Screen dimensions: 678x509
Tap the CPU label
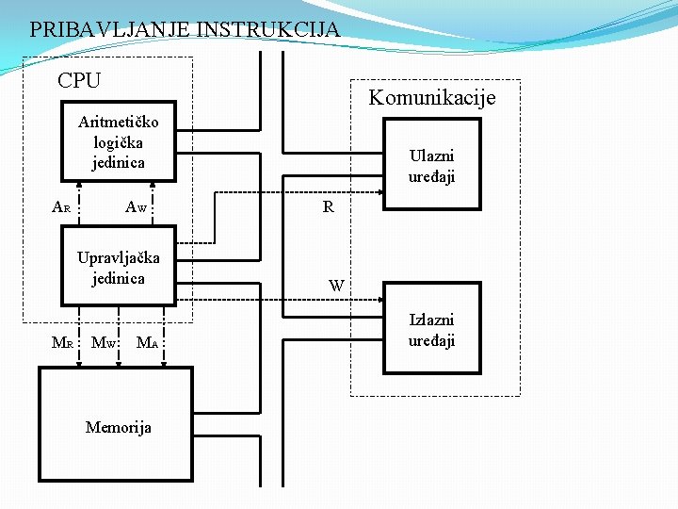tap(79, 81)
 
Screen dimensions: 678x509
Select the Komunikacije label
tap(432, 97)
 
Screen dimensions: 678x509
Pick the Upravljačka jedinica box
tap(119, 267)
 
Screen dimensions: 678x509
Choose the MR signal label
tap(62, 342)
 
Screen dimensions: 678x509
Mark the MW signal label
tap(103, 342)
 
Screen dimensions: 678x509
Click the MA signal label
tap(147, 342)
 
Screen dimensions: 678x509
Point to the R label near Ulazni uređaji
tap(328, 206)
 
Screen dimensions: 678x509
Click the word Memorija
tap(119, 427)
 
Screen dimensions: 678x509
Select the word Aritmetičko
tap(119, 122)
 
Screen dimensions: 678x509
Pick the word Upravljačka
tap(119, 257)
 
